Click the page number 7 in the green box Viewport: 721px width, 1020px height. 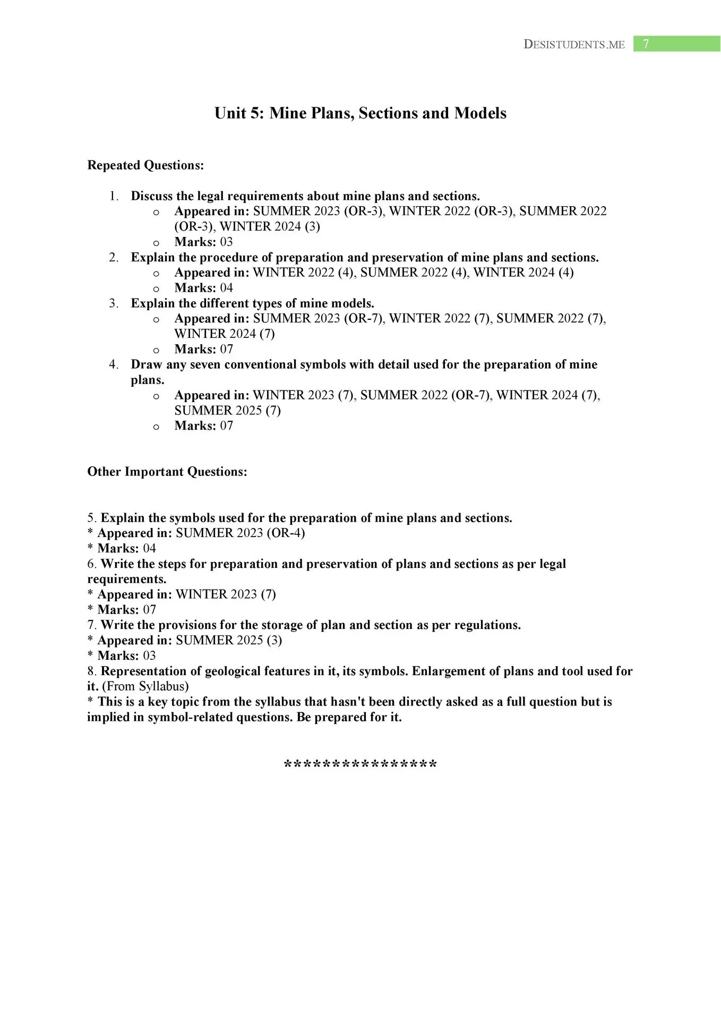click(646, 44)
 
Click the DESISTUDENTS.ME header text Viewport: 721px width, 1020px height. click(574, 45)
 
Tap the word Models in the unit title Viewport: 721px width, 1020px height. click(480, 113)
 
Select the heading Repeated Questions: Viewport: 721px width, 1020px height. click(145, 165)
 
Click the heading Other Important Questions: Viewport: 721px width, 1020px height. click(167, 472)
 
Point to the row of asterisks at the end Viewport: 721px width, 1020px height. click(360, 765)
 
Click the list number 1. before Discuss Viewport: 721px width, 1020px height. click(114, 196)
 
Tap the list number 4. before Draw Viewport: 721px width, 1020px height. click(114, 364)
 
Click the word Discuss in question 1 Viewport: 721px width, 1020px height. click(151, 196)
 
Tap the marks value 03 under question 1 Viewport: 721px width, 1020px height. click(226, 242)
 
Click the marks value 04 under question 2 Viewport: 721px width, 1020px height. click(226, 288)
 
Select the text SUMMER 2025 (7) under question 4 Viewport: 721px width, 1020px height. click(227, 411)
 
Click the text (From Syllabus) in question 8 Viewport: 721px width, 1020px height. click(145, 686)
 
